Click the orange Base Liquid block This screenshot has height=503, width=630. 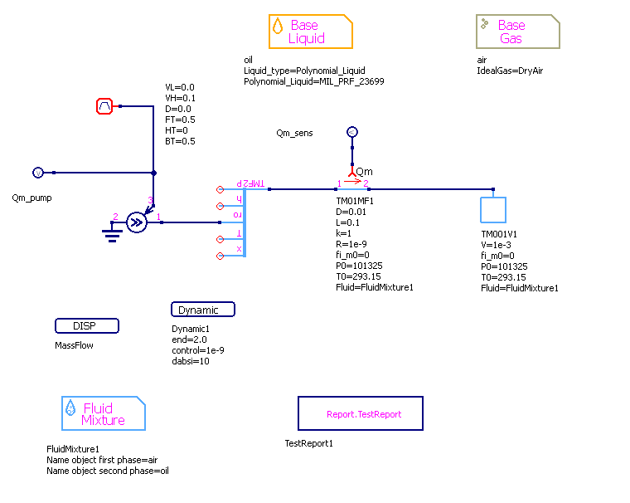[x=311, y=32]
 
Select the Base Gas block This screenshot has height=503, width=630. [x=518, y=32]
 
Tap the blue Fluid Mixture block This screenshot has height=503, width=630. [x=104, y=413]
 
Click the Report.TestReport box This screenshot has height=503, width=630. [x=361, y=413]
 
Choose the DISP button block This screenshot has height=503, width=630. [x=87, y=326]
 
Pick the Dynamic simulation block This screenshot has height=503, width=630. [x=203, y=310]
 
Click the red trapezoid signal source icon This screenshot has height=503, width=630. [x=104, y=106]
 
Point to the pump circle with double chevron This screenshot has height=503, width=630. [x=137, y=222]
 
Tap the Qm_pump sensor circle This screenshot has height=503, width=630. [x=38, y=173]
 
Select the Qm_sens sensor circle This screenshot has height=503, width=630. [x=352, y=132]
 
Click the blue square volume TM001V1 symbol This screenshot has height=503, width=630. [x=493, y=210]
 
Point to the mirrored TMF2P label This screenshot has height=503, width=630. [x=250, y=183]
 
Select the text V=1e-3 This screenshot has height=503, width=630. [x=496, y=245]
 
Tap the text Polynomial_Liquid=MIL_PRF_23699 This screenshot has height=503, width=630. [x=314, y=81]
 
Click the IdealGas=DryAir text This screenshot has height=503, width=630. [x=510, y=71]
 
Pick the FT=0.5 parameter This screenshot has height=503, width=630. [x=180, y=120]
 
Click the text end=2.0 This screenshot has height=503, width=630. [x=189, y=339]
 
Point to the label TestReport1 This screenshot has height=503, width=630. [x=309, y=443]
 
